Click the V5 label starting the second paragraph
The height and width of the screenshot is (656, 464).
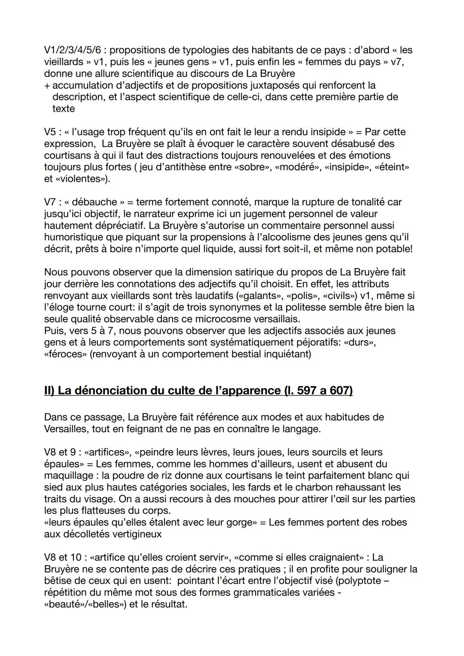[50, 132]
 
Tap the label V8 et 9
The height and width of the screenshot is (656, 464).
[63, 452]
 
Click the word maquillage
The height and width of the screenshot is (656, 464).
[69, 476]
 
